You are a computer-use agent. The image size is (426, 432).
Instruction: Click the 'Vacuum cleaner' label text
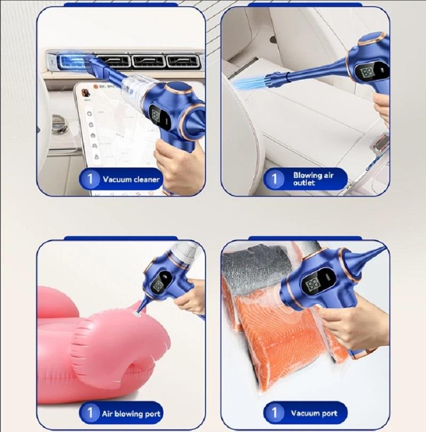[131, 180]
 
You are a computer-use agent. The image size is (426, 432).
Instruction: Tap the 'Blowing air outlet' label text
[313, 179]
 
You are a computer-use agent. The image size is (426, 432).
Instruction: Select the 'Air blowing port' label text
[131, 414]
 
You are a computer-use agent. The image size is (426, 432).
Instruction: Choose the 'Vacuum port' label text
[314, 413]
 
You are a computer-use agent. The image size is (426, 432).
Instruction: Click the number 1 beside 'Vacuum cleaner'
[90, 179]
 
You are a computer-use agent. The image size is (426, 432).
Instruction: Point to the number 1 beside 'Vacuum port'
[274, 413]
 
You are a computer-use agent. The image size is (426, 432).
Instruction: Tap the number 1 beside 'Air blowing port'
[90, 413]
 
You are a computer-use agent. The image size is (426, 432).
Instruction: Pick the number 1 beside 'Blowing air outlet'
[274, 179]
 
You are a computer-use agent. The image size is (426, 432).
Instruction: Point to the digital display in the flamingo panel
[159, 287]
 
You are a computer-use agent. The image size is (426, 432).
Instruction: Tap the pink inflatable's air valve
[137, 312]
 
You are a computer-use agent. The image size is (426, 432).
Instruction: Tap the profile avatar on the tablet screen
[86, 93]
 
